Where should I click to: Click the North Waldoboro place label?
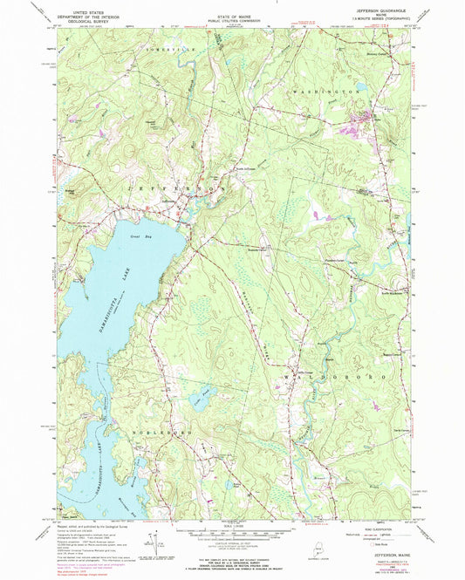376,294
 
